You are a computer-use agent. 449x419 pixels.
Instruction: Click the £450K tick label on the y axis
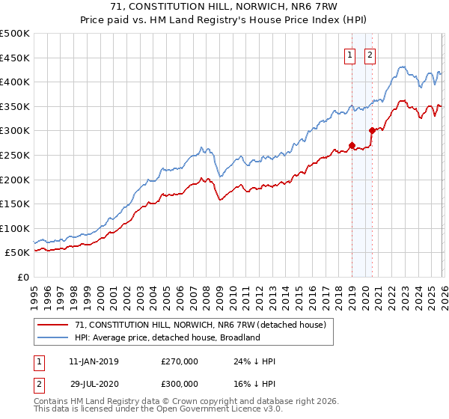tap(15, 58)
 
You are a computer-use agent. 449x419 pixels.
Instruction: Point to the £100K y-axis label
tap(15, 228)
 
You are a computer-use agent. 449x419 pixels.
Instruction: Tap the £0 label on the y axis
tap(22, 277)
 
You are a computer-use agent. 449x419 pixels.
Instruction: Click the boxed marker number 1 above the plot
tap(350, 54)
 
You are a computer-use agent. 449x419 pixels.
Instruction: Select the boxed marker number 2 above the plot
tap(370, 54)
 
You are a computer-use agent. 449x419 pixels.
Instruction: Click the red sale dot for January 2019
tap(352, 146)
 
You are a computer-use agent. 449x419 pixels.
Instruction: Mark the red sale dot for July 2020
tap(372, 130)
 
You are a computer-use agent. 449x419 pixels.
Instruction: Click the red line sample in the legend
tap(54, 325)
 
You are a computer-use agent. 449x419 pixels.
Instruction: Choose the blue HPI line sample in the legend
tap(54, 337)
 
